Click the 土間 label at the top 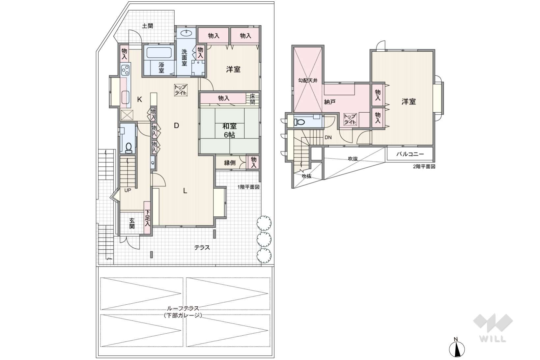(x=147, y=26)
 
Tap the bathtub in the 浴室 (x=159, y=53)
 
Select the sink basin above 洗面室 (x=186, y=33)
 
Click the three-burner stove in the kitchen (x=125, y=70)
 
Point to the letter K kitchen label (x=139, y=99)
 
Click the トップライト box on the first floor (x=181, y=90)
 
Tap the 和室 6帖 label (x=229, y=130)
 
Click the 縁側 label (x=230, y=163)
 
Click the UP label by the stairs (x=128, y=190)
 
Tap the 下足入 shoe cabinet (x=147, y=218)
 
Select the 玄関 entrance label (x=132, y=223)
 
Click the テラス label (x=202, y=247)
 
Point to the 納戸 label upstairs (x=329, y=102)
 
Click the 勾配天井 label (x=308, y=80)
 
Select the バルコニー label (x=410, y=154)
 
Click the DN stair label (x=328, y=137)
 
